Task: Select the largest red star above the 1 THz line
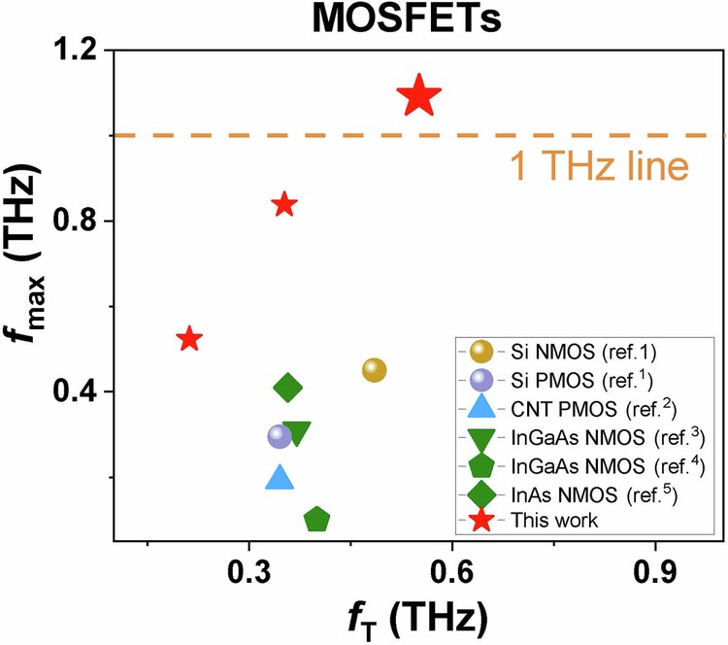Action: tap(419, 95)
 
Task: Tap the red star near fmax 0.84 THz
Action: tap(284, 204)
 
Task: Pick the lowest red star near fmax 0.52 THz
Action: tap(189, 339)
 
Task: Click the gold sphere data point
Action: tap(374, 370)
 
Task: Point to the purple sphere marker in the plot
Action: tap(280, 436)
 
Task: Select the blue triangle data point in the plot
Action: tap(280, 478)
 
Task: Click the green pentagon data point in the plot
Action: tap(316, 520)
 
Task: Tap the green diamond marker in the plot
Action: tap(287, 389)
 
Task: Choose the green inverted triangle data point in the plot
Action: tap(297, 434)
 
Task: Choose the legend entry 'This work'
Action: tap(554, 520)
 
